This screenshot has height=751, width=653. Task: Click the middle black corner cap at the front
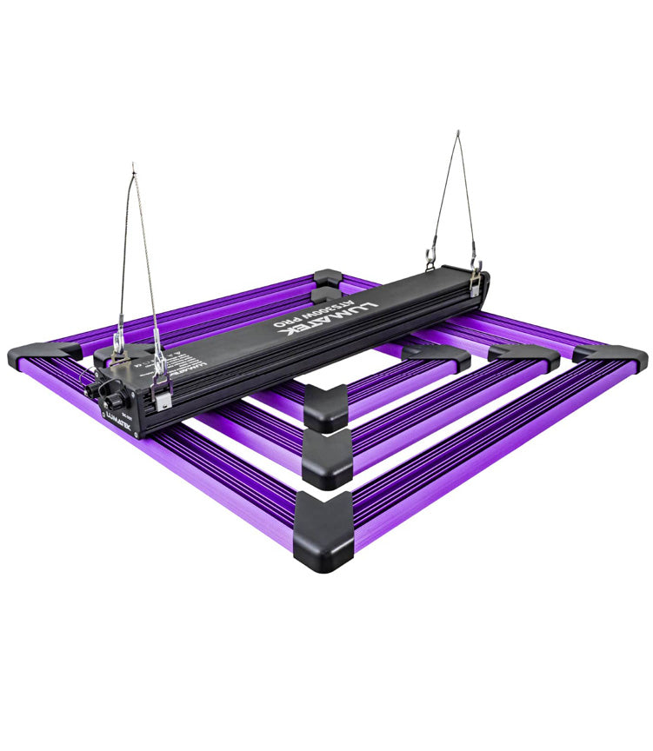click(x=329, y=456)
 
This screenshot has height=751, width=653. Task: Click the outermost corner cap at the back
click(x=328, y=278)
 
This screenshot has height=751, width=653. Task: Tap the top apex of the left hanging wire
click(x=133, y=167)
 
